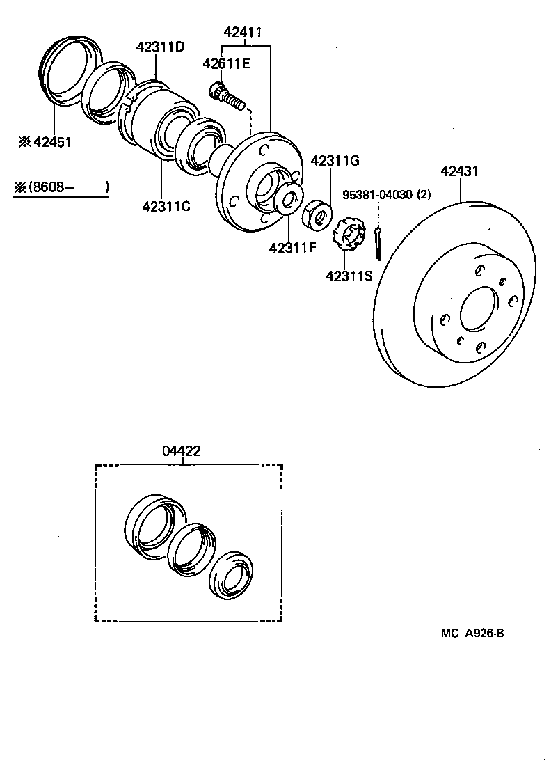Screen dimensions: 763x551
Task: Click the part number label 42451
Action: (49, 143)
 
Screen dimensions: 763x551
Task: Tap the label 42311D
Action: (160, 47)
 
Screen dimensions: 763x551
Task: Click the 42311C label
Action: (166, 206)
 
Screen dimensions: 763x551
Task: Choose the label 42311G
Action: (335, 161)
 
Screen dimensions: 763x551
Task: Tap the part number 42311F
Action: (294, 247)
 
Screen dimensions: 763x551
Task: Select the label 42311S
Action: (349, 275)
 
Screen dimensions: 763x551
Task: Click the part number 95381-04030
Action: (378, 195)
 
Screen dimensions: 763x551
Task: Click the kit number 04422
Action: (182, 451)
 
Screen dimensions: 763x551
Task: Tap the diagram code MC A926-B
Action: (472, 633)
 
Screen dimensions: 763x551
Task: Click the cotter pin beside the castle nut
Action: (377, 241)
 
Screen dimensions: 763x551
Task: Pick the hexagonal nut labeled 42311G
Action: (318, 214)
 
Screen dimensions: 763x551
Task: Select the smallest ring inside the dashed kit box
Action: (233, 576)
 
